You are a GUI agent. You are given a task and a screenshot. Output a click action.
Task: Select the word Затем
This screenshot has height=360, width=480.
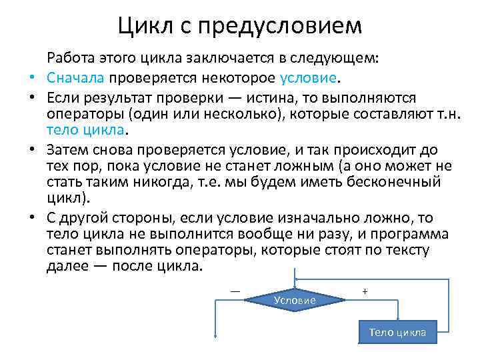click(x=69, y=150)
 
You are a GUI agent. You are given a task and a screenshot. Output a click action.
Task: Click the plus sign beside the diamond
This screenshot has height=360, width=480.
click(x=365, y=291)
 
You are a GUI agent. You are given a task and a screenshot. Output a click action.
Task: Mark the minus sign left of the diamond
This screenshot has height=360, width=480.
click(x=235, y=290)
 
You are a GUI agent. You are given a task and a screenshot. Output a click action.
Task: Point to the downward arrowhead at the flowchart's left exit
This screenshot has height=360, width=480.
click(x=215, y=337)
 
